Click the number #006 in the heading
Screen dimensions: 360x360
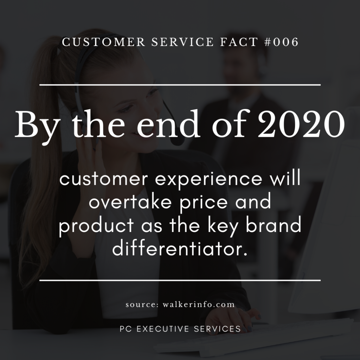(x=281, y=42)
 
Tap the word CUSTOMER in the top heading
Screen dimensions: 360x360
(x=104, y=42)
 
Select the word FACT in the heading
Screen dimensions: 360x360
(x=239, y=42)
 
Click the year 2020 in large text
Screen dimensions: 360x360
(x=301, y=124)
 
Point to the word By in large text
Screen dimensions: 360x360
(x=37, y=127)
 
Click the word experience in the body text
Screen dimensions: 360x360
(x=208, y=180)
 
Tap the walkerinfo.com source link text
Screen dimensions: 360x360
(x=199, y=305)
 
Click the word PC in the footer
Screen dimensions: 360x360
(x=126, y=329)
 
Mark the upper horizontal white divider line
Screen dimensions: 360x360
(x=180, y=85)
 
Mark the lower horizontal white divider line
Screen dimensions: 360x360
(x=180, y=280)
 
